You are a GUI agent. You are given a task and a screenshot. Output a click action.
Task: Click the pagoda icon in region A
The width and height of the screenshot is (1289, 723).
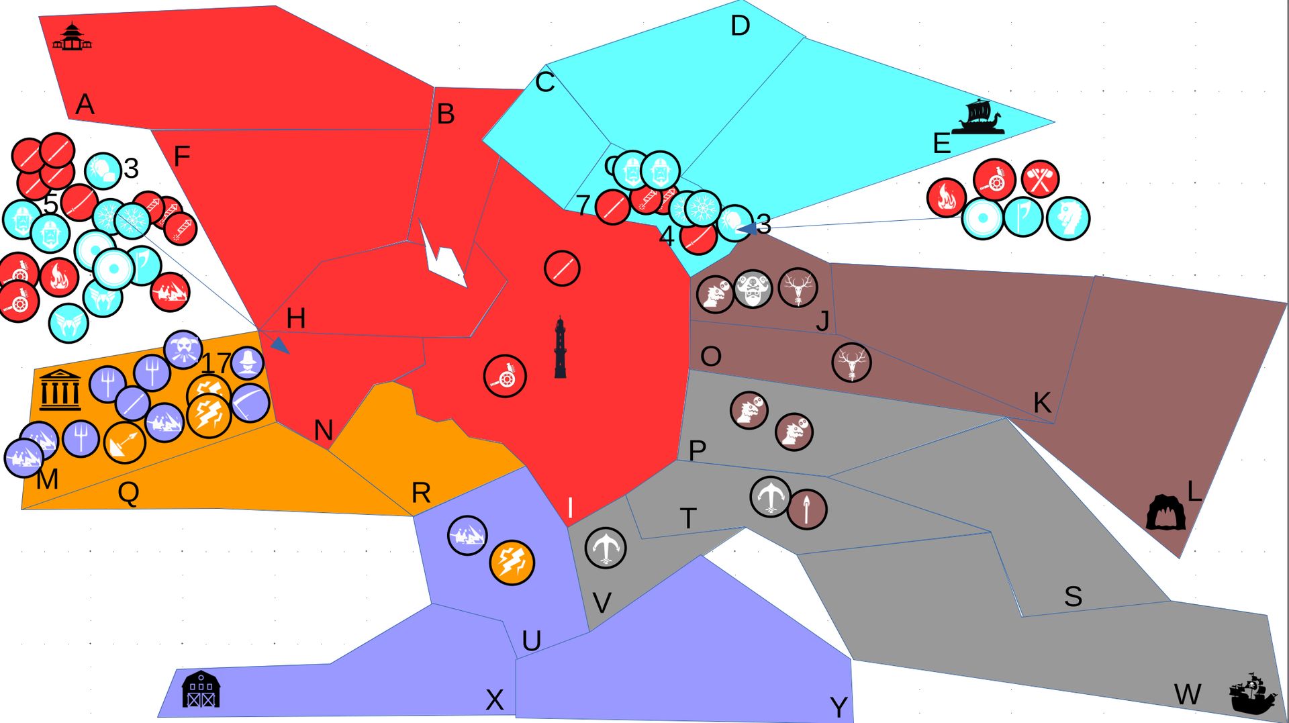pos(72,37)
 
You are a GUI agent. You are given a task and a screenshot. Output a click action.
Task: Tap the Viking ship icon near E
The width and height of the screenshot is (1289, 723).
pos(980,117)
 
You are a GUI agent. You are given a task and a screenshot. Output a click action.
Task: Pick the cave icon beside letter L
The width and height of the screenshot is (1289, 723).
pos(1165,513)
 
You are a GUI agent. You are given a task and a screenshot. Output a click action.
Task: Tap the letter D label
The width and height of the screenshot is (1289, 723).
pos(740,26)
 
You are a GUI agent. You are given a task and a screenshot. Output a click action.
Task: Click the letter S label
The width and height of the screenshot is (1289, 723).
pos(1073,596)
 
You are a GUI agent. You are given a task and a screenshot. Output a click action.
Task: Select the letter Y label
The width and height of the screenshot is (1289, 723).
pos(839,707)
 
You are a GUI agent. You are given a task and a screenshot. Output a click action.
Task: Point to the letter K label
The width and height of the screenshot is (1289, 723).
pos(1041,403)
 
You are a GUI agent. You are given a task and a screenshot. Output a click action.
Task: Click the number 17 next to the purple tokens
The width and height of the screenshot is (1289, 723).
pos(216,363)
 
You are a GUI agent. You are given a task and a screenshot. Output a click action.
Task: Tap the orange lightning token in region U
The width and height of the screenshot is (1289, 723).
pos(512,563)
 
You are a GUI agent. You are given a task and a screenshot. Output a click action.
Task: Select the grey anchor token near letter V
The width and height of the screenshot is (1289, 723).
pos(606,547)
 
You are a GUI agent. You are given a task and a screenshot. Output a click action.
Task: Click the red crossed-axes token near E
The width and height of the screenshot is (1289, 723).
pos(1040,179)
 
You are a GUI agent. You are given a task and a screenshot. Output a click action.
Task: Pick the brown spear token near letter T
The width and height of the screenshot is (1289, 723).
pos(807,510)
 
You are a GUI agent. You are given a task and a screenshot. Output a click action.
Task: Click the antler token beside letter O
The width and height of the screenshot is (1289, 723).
pos(851,363)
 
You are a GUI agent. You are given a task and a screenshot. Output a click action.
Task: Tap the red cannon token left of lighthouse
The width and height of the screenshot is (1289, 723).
pos(505,376)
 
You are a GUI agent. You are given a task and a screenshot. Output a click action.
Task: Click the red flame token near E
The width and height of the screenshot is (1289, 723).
pos(946,198)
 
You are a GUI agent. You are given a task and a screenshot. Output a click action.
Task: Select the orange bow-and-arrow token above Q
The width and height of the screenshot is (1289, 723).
pos(125,443)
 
